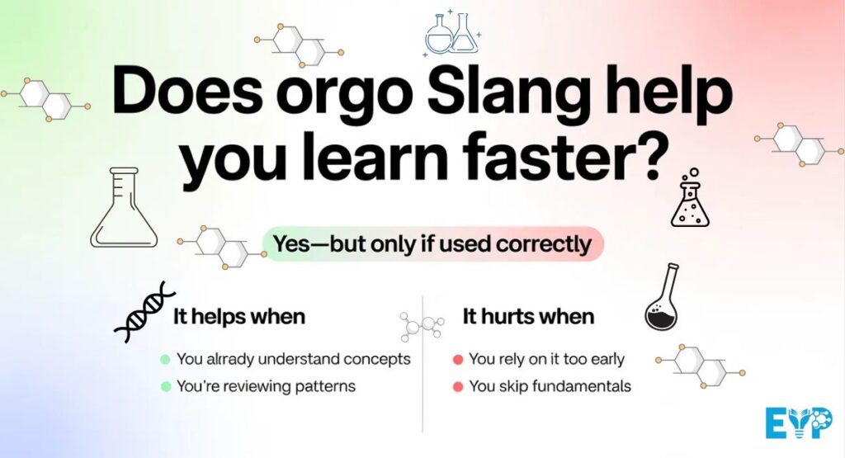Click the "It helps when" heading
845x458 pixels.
[238, 316]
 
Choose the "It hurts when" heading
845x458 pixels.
[528, 316]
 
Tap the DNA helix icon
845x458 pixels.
[144, 311]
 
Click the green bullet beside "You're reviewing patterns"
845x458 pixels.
[165, 386]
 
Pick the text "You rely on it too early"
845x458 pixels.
[546, 359]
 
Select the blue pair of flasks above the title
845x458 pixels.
[451, 34]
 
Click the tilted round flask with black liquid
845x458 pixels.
[663, 299]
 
